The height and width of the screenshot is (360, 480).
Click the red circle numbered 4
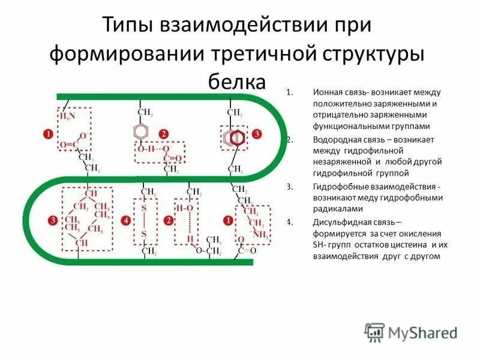(125, 221)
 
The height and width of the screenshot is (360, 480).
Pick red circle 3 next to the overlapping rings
(257, 133)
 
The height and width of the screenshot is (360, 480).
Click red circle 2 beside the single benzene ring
(161, 133)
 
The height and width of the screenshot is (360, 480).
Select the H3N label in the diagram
(68, 116)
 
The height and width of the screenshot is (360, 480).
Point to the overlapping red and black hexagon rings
(233, 137)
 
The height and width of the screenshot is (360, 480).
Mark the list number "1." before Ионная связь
(289, 92)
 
